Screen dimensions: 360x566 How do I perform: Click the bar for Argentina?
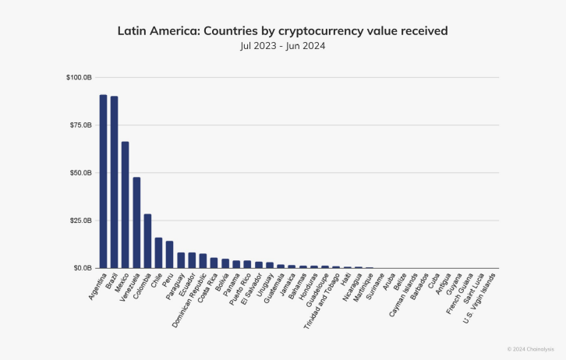pyautogui.click(x=103, y=182)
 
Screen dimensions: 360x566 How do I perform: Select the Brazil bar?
pyautogui.click(x=114, y=182)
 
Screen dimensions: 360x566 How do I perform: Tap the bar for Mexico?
pyautogui.click(x=126, y=205)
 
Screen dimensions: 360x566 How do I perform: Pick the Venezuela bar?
pyautogui.click(x=136, y=223)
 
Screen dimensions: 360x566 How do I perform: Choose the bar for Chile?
pyautogui.click(x=158, y=252)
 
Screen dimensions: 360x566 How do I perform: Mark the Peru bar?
pyautogui.click(x=169, y=255)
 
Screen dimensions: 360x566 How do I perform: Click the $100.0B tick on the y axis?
pyautogui.click(x=80, y=78)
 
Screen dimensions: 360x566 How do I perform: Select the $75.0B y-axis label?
pyautogui.click(x=81, y=125)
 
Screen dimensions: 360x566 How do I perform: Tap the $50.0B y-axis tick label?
pyautogui.click(x=81, y=173)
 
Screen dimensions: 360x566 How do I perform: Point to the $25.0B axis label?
pyautogui.click(x=81, y=221)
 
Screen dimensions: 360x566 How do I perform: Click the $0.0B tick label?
pyautogui.click(x=83, y=268)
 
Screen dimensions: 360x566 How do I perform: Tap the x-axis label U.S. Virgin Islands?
pyautogui.click(x=479, y=296)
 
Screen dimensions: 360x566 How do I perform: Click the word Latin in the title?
pyautogui.click(x=132, y=31)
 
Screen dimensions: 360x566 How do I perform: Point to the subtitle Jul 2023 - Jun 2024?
pyautogui.click(x=282, y=47)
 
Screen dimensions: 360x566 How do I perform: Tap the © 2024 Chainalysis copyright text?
pyautogui.click(x=530, y=348)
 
